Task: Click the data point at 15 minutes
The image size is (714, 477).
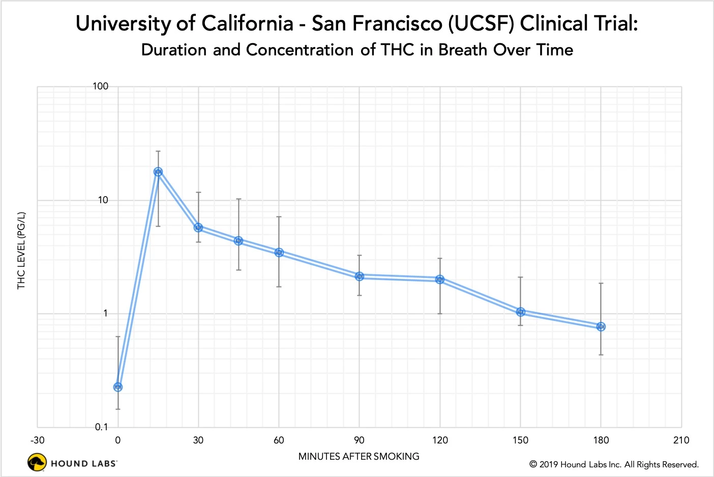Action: [x=158, y=172]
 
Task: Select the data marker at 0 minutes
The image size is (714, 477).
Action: [x=118, y=387]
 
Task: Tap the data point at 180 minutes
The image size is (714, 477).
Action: [x=601, y=327]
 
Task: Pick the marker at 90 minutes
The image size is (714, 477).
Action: [x=360, y=276]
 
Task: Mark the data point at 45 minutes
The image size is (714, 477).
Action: [x=239, y=241]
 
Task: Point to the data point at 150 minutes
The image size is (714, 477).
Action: [x=520, y=312]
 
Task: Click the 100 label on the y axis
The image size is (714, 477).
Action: [x=101, y=86]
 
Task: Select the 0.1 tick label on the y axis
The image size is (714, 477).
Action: [x=102, y=427]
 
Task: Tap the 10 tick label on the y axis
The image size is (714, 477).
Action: [x=103, y=200]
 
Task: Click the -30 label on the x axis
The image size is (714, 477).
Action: [x=38, y=440]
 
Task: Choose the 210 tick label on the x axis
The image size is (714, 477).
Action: [x=681, y=440]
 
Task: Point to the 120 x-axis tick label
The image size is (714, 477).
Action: [x=440, y=440]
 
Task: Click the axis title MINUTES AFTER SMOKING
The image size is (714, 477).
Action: [x=359, y=456]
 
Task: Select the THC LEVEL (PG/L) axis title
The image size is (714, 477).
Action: [x=21, y=250]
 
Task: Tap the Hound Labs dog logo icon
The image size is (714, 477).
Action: [x=37, y=463]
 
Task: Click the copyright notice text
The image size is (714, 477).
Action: [x=614, y=464]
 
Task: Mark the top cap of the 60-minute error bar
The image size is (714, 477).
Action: [x=279, y=217]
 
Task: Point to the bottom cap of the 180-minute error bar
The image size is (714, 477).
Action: [x=601, y=355]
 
